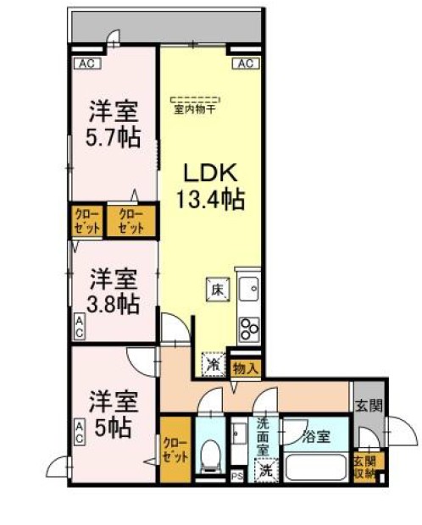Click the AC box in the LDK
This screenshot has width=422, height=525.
coord(245,64)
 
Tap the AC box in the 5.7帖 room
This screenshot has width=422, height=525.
coord(85,64)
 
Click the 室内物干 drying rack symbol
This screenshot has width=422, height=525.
coord(196,101)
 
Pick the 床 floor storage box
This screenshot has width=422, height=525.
coord(214,290)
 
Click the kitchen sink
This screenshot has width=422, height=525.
coord(249,291)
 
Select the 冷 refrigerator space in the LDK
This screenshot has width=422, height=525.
coord(212,363)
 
